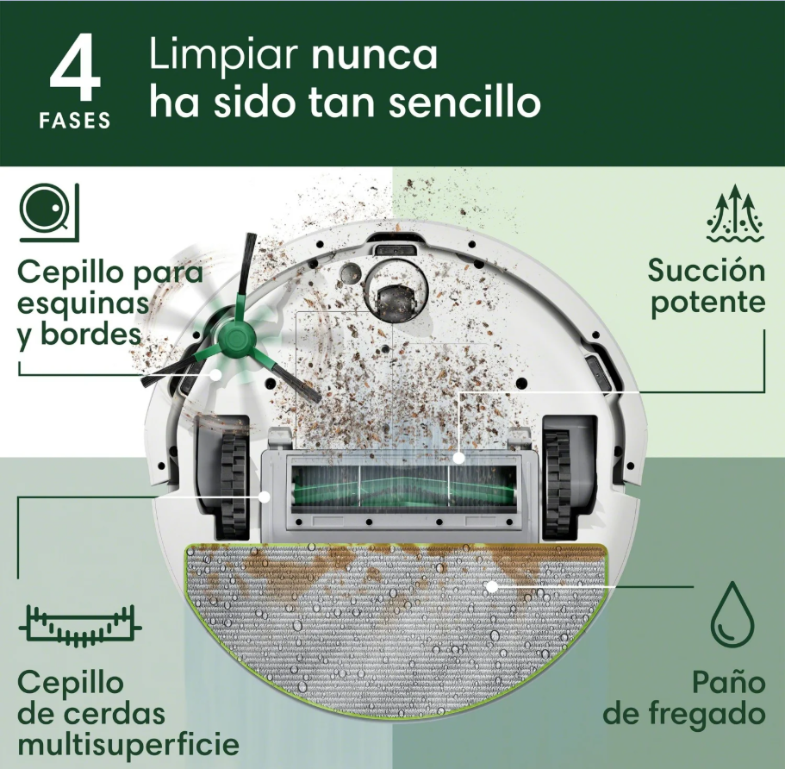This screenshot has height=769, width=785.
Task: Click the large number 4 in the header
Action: pos(77,72)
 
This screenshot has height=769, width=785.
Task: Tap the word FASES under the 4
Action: pos(75,122)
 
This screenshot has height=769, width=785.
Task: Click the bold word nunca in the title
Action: pos(374,56)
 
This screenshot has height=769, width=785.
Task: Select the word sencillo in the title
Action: pos(464,104)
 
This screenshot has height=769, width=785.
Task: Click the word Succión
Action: pos(706,271)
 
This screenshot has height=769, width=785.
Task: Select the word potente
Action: pos(707,303)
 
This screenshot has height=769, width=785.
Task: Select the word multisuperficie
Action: pos(128,744)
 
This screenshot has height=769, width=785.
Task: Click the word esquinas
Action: pos(83,303)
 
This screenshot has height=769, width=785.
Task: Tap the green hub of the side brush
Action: pos(233,340)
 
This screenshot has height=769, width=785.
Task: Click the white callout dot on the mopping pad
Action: pos(491,586)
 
